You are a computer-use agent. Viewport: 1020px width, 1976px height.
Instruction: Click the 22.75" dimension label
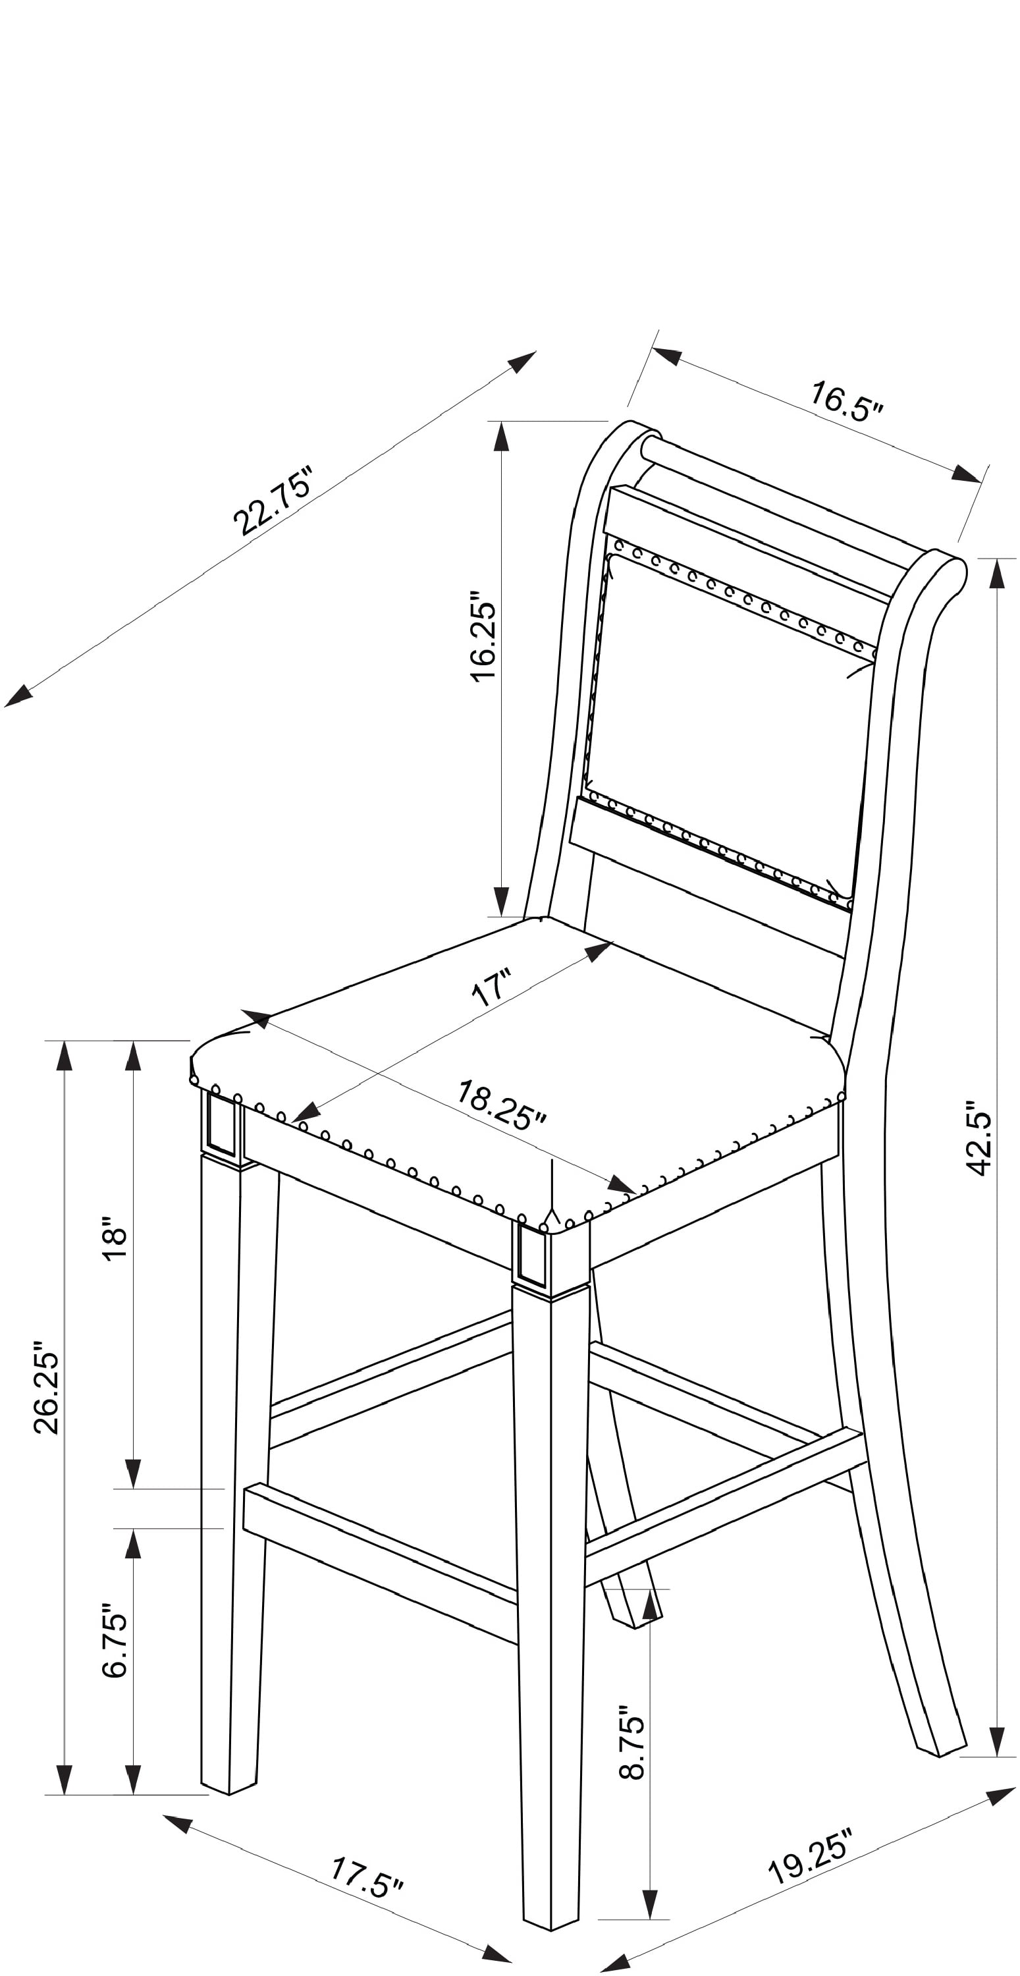(x=274, y=500)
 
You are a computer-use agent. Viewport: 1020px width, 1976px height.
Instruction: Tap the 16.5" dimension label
(x=847, y=402)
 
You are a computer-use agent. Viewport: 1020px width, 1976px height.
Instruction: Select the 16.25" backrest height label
(x=483, y=636)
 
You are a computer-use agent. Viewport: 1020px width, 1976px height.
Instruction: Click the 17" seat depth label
(x=491, y=987)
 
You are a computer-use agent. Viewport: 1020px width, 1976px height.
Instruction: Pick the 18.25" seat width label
(x=502, y=1105)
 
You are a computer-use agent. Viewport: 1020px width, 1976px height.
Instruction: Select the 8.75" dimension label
(x=632, y=1743)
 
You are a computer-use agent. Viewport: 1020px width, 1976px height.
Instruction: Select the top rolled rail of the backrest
(x=801, y=503)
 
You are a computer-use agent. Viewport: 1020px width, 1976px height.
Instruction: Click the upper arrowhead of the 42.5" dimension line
(x=997, y=573)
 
